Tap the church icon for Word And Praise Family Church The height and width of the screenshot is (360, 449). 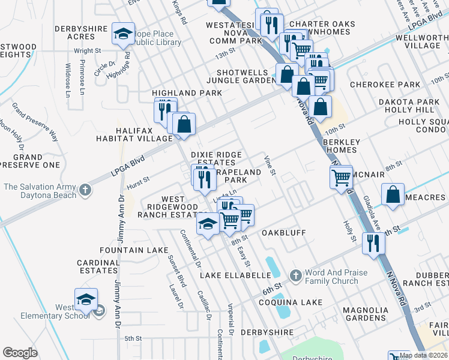(x=295, y=276)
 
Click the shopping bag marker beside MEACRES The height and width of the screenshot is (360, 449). (x=392, y=196)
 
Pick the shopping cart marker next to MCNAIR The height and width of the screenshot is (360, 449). (x=341, y=176)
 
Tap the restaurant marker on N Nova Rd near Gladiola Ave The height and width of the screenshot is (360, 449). (x=373, y=244)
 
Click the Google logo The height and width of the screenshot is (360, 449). (x=20, y=352)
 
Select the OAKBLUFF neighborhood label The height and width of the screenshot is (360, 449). (x=283, y=232)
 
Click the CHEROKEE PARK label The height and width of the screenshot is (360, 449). (x=385, y=85)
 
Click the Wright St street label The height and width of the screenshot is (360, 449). (x=86, y=51)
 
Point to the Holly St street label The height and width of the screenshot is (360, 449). (x=349, y=231)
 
